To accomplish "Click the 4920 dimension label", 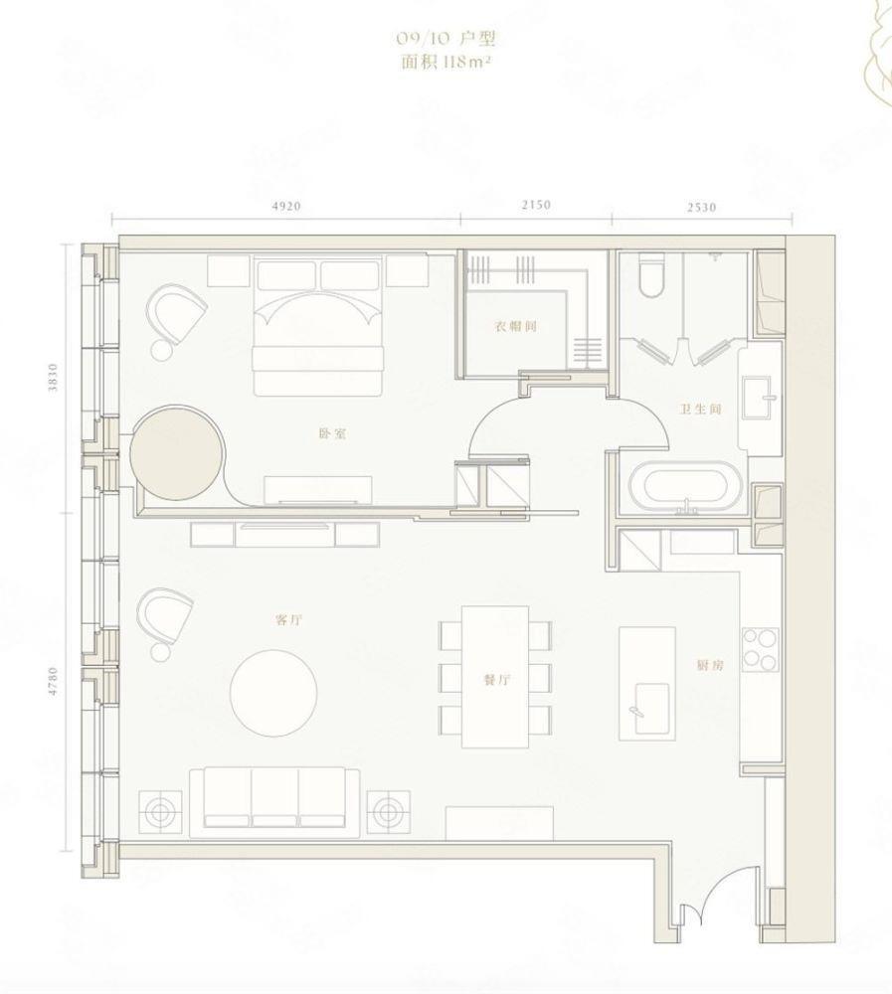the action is click(285, 206).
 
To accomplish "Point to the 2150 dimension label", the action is click(536, 205).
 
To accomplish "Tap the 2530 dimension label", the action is click(702, 206).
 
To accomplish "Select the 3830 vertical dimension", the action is click(54, 377).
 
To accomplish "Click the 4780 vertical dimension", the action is click(54, 681).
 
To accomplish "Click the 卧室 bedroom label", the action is click(332, 434).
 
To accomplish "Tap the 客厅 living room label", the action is click(288, 620).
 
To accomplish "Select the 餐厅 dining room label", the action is click(496, 680).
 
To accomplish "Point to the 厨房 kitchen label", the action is click(709, 665).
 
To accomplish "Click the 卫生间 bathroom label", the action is click(701, 409).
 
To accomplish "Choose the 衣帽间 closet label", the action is click(516, 326).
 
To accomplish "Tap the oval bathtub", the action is click(686, 488).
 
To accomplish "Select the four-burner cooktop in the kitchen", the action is click(761, 649).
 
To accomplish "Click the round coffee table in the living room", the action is click(273, 693).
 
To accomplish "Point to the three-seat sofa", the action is click(274, 802).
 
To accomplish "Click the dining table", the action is click(495, 676).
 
